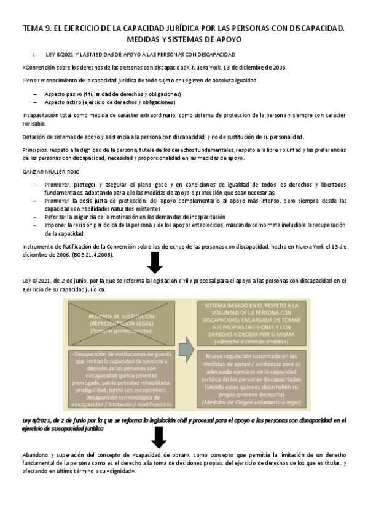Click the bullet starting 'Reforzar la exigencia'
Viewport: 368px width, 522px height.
[135, 217]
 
